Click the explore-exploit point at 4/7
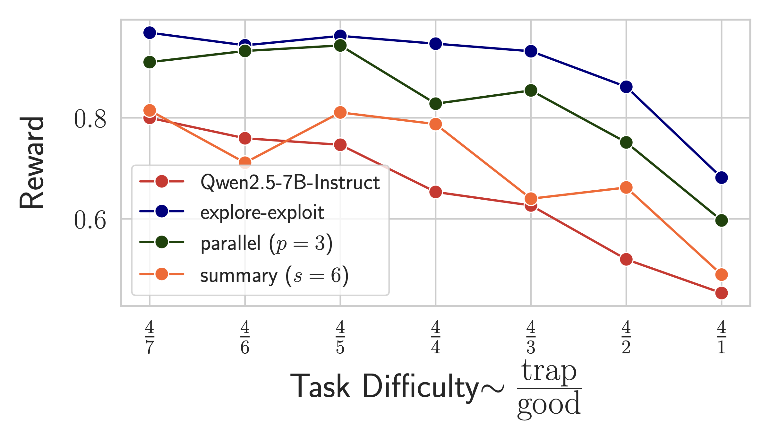(150, 33)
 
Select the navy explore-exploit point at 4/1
(722, 177)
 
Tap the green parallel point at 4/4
(435, 104)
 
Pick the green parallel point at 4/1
(722, 220)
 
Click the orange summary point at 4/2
(626, 187)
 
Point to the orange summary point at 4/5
(340, 113)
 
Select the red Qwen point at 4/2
(626, 259)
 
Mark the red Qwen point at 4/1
(722, 293)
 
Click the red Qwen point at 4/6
(245, 138)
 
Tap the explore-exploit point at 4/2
(626, 87)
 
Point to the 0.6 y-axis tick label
(90, 220)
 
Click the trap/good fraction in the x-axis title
(549, 389)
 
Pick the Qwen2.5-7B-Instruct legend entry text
(290, 182)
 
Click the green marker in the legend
(162, 242)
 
